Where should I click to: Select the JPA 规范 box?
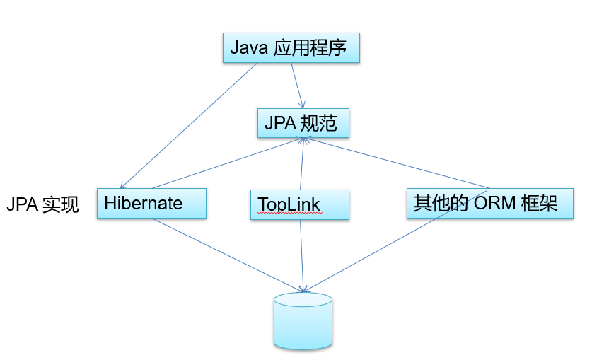pyautogui.click(x=303, y=124)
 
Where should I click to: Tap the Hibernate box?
pyautogui.click(x=151, y=204)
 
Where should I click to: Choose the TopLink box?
pyautogui.click(x=300, y=204)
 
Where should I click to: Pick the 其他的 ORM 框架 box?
pyautogui.click(x=489, y=204)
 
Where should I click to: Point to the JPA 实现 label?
pyautogui.click(x=42, y=205)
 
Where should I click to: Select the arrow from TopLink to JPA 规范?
pyautogui.click(x=303, y=164)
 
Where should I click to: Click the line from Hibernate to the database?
pyautogui.click(x=226, y=255)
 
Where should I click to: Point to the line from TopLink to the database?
pyautogui.click(x=302, y=255)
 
